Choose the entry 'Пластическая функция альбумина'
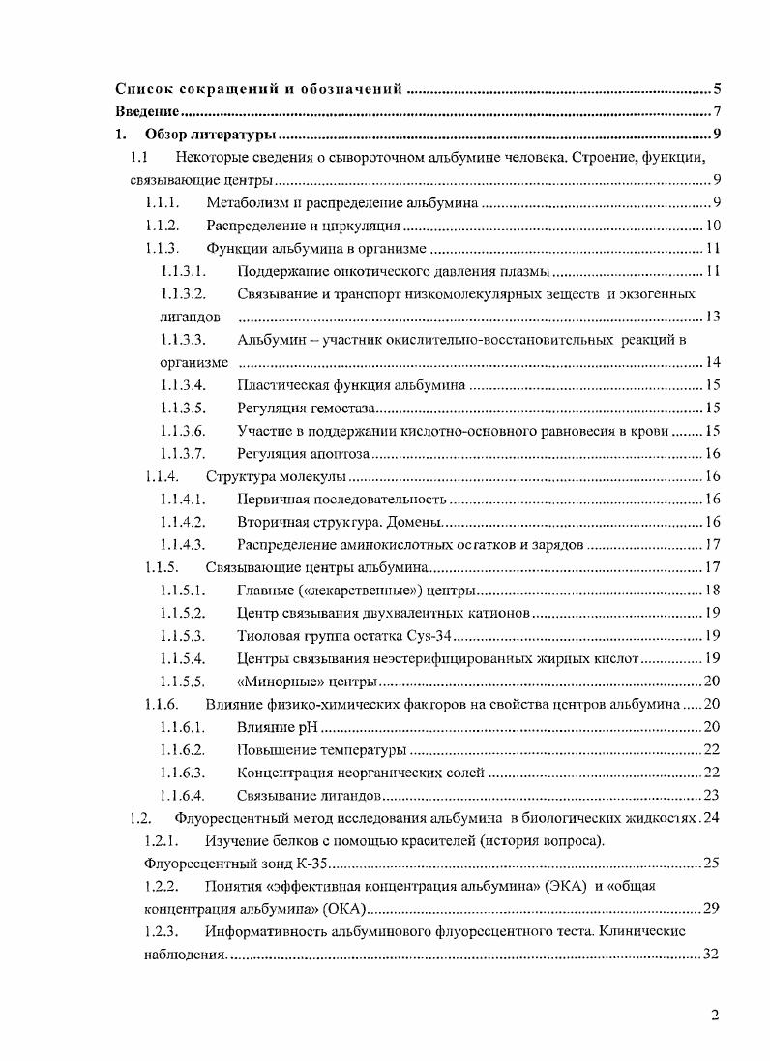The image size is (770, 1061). [351, 385]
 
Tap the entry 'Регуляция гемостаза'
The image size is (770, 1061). [305, 409]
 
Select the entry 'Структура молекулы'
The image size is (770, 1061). [276, 477]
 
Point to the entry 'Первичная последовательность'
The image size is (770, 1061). [341, 500]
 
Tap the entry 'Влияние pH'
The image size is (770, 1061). [277, 727]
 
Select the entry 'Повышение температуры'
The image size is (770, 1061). [321, 750]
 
